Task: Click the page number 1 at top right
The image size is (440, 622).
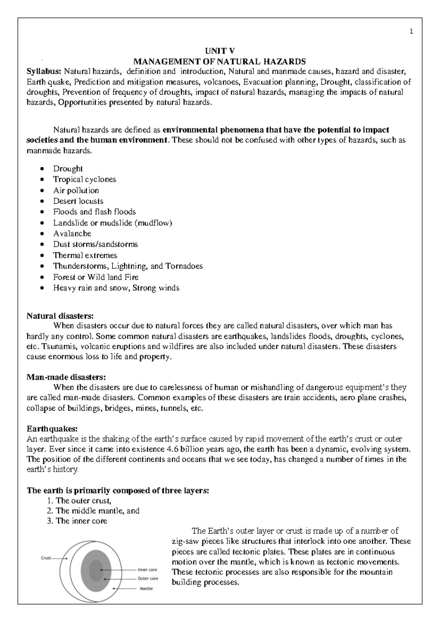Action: coord(411,32)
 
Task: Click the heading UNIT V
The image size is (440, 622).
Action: coord(219,51)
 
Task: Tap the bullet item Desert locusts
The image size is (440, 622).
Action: coord(78,201)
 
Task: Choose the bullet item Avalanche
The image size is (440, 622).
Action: coord(72,234)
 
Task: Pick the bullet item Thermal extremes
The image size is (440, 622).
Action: coord(85,255)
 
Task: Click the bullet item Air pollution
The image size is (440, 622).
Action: coord(76,190)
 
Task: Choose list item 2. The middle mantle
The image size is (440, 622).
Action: coord(93,511)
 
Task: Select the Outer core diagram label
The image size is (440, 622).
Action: coord(148,578)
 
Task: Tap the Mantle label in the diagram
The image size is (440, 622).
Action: coord(146,589)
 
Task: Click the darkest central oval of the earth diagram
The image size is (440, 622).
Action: coord(96,570)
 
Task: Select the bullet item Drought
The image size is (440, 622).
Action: coord(68,169)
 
